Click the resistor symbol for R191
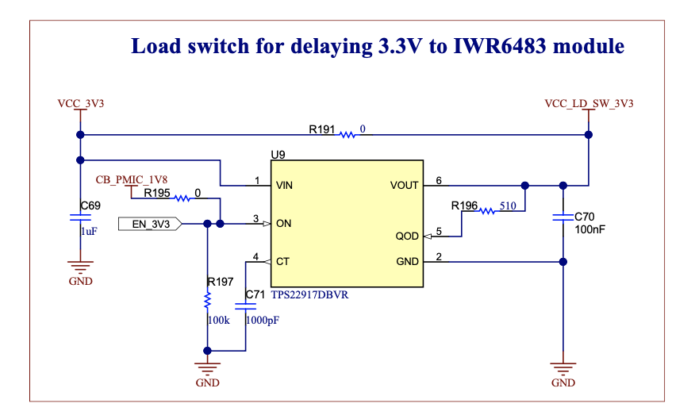[x=347, y=135]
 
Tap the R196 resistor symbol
[x=486, y=211]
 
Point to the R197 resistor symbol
[x=207, y=302]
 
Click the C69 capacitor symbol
[x=79, y=217]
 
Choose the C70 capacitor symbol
[x=563, y=217]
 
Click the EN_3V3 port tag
[x=150, y=224]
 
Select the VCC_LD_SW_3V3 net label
[x=589, y=104]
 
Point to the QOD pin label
[x=407, y=236]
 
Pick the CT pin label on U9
[x=282, y=261]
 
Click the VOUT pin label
[x=404, y=186]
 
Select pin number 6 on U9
[x=439, y=180]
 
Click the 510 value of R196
[x=509, y=206]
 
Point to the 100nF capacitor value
[x=590, y=229]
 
